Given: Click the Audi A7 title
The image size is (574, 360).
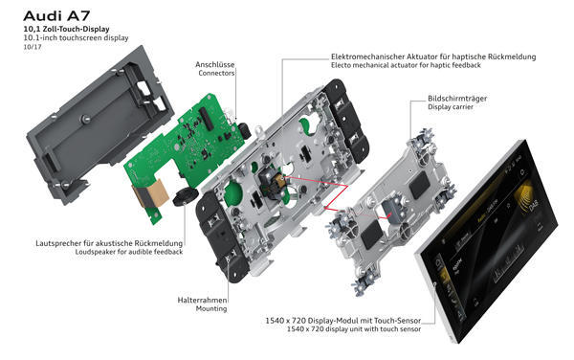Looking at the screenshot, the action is point(56,15).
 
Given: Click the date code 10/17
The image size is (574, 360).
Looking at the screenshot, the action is point(33,47).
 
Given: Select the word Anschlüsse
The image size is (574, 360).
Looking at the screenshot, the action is point(214,64).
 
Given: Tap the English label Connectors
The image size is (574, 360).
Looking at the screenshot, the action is point(216,73).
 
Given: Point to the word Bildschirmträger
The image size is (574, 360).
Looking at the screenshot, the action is point(457,99).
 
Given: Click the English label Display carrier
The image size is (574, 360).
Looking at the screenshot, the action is point(451,107).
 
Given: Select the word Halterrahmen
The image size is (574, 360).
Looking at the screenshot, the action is point(202,300).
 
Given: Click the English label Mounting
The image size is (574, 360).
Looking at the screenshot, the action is point(211,308).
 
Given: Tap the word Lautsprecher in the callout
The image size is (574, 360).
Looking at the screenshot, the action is point(58,243).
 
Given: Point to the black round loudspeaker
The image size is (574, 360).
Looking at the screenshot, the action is point(186,196).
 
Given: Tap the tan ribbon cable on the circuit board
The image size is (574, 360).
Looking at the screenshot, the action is point(150,192).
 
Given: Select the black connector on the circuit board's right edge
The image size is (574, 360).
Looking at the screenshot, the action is point(244,131).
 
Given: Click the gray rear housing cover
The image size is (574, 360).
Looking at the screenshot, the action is point(99,124).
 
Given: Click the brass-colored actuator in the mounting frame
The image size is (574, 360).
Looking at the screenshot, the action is point(279,180).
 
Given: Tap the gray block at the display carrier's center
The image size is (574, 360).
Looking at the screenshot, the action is point(391,211).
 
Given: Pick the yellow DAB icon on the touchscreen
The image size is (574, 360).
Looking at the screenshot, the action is point(527,197).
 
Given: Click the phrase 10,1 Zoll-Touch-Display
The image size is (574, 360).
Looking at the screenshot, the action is point(66,29).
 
